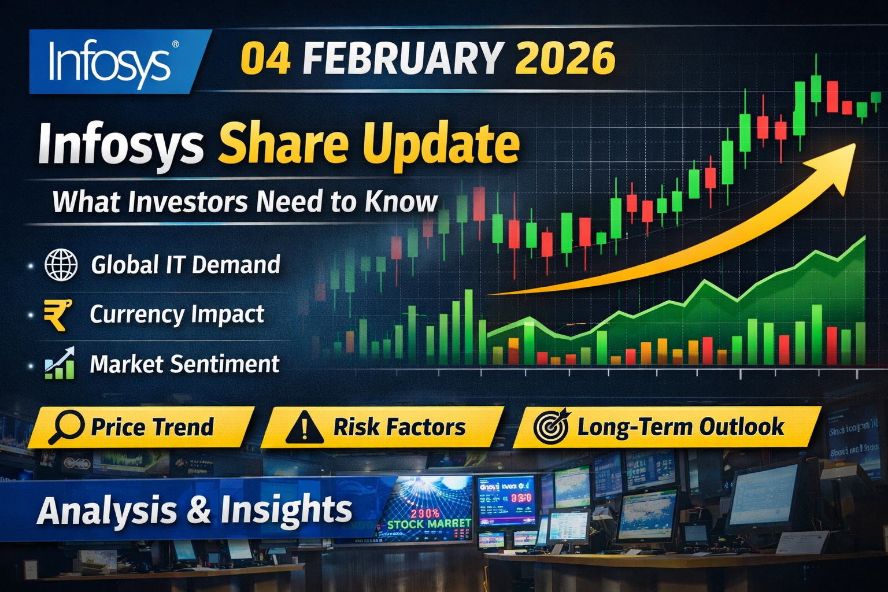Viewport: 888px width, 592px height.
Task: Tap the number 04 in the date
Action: pyautogui.click(x=265, y=58)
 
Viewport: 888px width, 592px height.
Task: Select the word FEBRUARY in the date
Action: pyautogui.click(x=402, y=58)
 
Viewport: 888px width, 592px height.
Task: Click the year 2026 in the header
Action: pyautogui.click(x=564, y=58)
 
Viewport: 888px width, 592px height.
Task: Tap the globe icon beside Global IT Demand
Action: pyautogui.click(x=61, y=265)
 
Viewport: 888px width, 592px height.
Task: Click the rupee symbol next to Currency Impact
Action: pyautogui.click(x=58, y=314)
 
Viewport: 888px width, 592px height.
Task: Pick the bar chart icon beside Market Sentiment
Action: pyautogui.click(x=60, y=364)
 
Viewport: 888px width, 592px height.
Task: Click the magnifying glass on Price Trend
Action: pyautogui.click(x=65, y=427)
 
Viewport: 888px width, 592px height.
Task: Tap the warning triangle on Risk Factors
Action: pyautogui.click(x=304, y=428)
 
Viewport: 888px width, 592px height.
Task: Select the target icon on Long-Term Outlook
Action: pyautogui.click(x=552, y=427)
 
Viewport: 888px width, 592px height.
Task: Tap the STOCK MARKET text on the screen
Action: pyautogui.click(x=428, y=524)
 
